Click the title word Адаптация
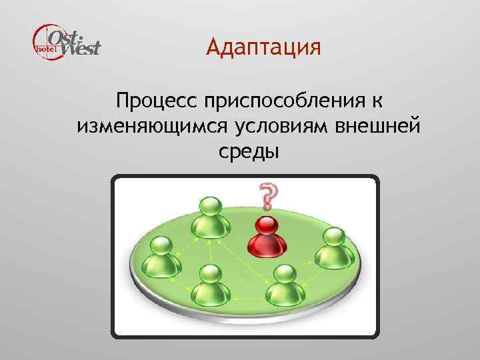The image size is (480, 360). coord(263,49)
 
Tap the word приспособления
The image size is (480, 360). coord(285,102)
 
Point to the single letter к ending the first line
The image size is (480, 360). coord(377,102)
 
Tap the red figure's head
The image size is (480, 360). coord(267,225)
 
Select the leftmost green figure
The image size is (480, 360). coord(163,257)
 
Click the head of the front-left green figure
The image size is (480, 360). coord(210,273)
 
